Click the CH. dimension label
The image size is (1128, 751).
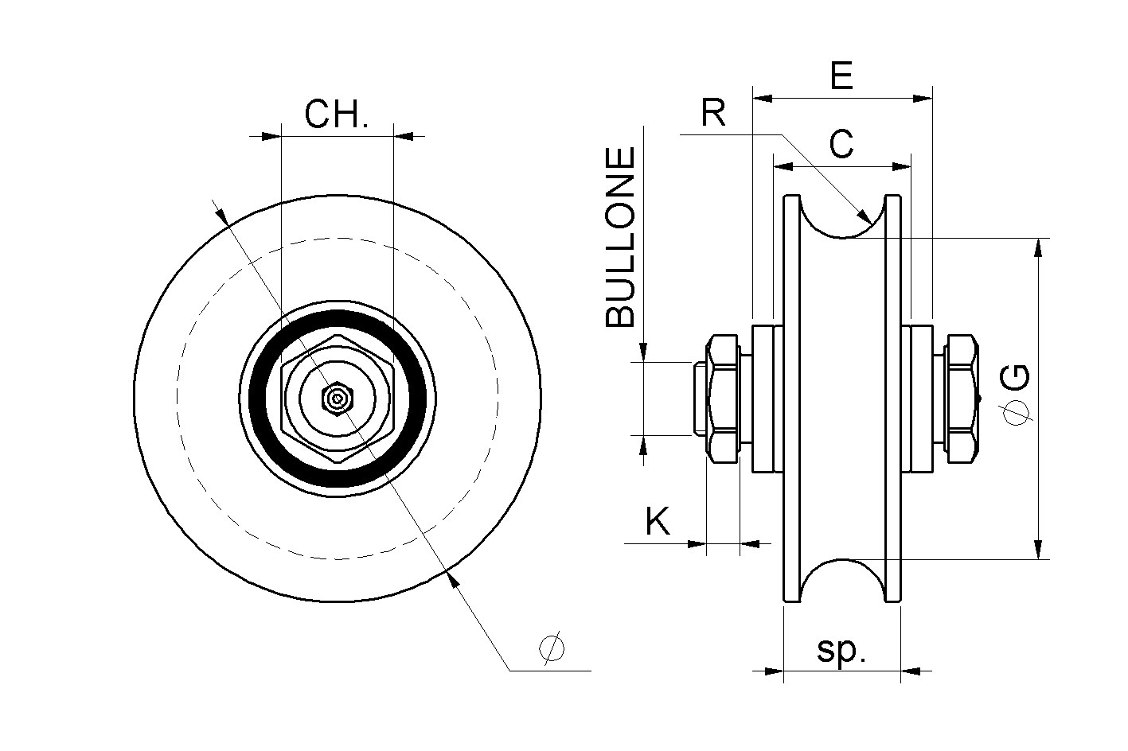pyautogui.click(x=337, y=115)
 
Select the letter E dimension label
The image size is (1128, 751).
pyautogui.click(x=841, y=76)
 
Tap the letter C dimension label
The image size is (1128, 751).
pyautogui.click(x=841, y=145)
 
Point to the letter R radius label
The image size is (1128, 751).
pyautogui.click(x=713, y=114)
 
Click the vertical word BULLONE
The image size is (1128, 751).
pyautogui.click(x=622, y=237)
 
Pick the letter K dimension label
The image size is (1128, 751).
pyautogui.click(x=658, y=522)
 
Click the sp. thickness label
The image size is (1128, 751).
pyautogui.click(x=841, y=651)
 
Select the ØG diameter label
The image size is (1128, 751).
pyautogui.click(x=1017, y=395)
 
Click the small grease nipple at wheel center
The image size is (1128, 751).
pyautogui.click(x=338, y=399)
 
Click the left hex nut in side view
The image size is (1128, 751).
pyautogui.click(x=723, y=399)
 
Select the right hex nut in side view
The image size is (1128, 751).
pyautogui.click(x=961, y=399)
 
